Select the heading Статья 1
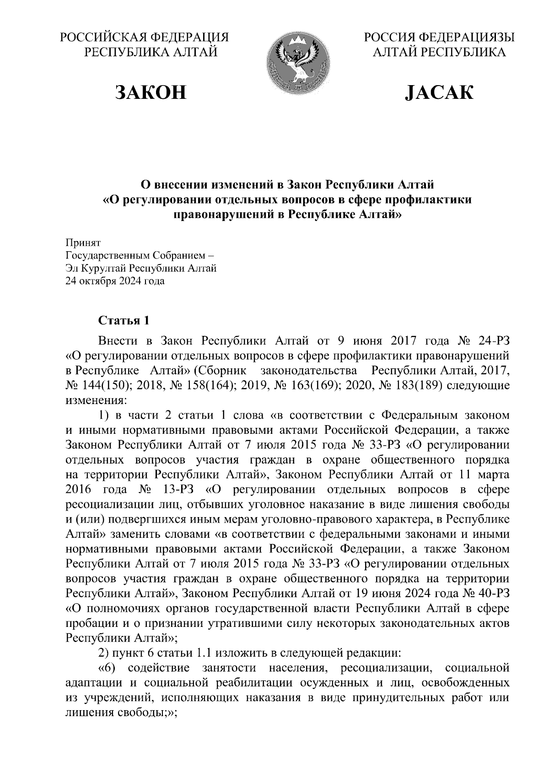tap(124, 320)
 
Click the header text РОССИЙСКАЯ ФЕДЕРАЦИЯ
tap(145, 38)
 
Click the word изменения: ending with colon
tap(95, 401)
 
